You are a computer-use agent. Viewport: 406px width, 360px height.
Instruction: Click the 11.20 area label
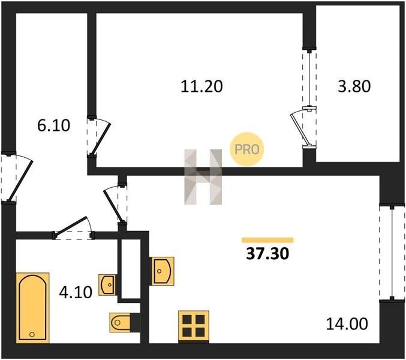[x=202, y=86]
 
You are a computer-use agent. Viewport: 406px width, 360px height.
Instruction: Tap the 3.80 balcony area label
[x=354, y=86]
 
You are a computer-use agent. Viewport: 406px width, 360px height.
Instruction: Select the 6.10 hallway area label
[x=53, y=125]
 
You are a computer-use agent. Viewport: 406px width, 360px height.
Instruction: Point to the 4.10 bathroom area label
[x=76, y=292]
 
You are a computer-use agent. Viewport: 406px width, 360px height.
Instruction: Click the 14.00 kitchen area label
[x=347, y=323]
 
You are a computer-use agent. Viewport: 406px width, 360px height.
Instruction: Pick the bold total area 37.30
[x=267, y=254]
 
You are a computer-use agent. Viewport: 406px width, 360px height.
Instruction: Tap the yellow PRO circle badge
[x=246, y=149]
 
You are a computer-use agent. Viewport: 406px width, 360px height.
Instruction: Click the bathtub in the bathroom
[x=32, y=308]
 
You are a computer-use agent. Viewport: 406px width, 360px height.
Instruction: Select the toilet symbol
[x=125, y=322]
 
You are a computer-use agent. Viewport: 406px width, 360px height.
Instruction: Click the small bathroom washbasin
[x=107, y=284]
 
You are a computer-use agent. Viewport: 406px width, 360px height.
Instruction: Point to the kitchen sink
[x=163, y=271]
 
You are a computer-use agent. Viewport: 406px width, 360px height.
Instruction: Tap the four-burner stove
[x=194, y=326]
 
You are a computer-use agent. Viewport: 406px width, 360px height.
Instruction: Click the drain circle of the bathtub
[x=32, y=334]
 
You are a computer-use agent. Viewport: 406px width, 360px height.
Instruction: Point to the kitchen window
[x=392, y=253]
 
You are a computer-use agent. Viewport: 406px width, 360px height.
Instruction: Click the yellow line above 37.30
[x=267, y=240]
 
